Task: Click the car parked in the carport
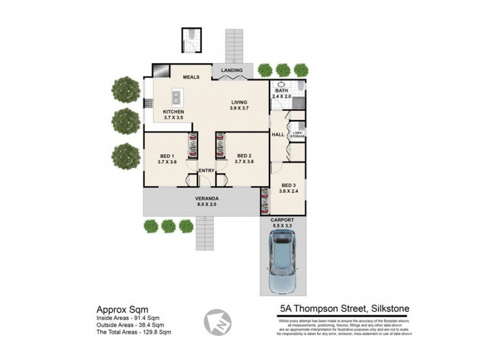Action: coord(282,262)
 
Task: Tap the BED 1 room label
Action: coord(167,158)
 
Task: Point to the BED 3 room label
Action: coord(289,188)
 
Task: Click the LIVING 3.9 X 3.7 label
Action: coord(239,105)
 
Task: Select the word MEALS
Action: coord(191,77)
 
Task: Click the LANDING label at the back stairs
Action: coord(232,71)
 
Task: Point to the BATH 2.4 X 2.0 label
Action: coord(281,93)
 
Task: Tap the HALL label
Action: coord(278,134)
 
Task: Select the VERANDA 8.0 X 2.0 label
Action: coord(205,201)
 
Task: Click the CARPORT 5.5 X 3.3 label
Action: coord(282,223)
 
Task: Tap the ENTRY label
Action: coord(206,171)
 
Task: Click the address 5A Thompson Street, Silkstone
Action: coord(344,309)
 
